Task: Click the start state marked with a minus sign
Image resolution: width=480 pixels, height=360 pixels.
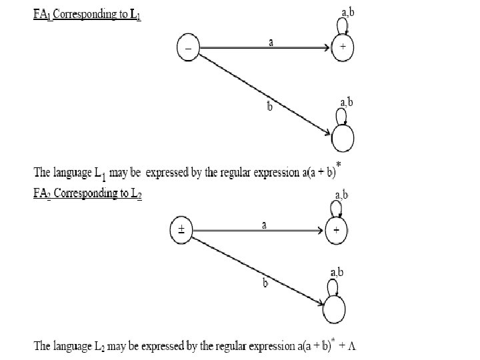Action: pyautogui.click(x=188, y=48)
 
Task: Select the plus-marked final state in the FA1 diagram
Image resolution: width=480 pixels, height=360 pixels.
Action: pyautogui.click(x=343, y=48)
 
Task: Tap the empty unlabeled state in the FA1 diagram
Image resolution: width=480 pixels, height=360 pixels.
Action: pyautogui.click(x=342, y=138)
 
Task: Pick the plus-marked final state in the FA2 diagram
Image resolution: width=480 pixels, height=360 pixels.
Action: pyautogui.click(x=336, y=231)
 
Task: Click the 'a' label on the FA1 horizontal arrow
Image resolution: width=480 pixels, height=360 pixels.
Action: pyautogui.click(x=270, y=41)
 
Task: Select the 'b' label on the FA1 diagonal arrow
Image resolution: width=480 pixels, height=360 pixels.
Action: pyautogui.click(x=269, y=107)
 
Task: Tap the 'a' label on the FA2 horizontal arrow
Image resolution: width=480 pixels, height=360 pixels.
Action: pyautogui.click(x=264, y=225)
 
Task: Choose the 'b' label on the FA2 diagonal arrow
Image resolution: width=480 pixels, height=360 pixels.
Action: pyautogui.click(x=265, y=284)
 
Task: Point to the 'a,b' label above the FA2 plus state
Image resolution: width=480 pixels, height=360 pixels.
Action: pyautogui.click(x=341, y=194)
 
